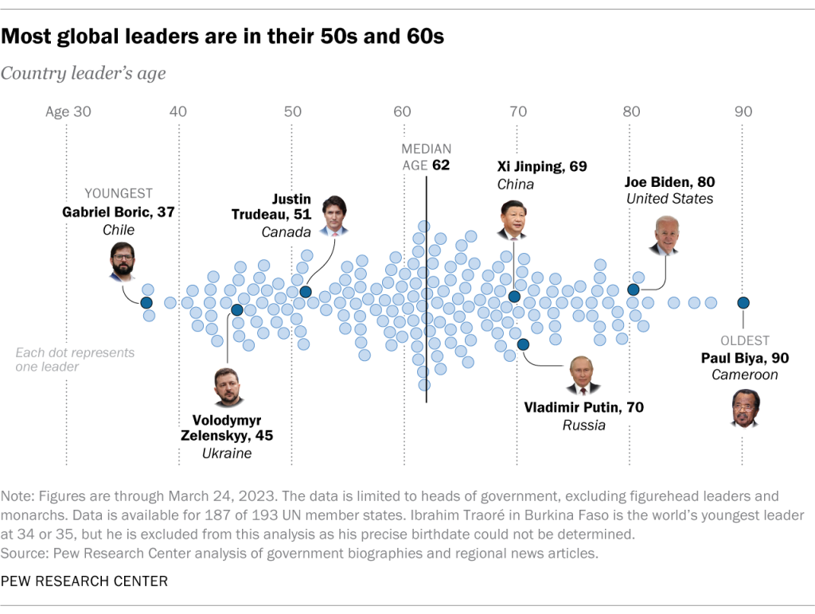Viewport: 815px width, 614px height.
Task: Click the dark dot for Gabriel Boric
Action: (146, 302)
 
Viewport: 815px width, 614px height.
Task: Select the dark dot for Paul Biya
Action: (743, 302)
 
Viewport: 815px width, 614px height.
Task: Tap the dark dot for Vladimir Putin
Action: (523, 344)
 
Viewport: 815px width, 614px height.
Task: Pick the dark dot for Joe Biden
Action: (634, 290)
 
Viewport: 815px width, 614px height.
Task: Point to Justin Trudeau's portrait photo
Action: (333, 216)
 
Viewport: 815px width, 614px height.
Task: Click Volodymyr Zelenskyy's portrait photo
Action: (229, 387)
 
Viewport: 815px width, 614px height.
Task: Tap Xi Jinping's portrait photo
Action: (513, 220)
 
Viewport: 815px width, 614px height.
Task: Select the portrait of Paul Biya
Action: (744, 409)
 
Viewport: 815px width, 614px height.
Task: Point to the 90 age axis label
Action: (743, 112)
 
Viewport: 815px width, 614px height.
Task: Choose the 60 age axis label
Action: (403, 112)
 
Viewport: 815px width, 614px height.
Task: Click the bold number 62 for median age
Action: (441, 165)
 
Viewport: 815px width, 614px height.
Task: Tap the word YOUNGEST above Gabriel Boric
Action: (119, 193)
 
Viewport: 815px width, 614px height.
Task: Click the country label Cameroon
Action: (743, 375)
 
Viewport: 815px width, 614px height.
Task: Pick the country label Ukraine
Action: (227, 453)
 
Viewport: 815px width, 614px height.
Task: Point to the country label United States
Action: (669, 199)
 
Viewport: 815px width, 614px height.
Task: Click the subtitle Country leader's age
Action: (84, 74)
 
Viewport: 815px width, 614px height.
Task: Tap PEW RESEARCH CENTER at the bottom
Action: (84, 581)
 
